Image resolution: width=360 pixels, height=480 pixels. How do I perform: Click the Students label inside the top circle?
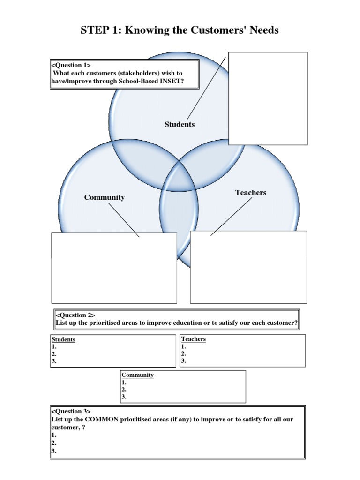[180, 124]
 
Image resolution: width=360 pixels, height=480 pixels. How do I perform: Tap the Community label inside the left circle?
[105, 197]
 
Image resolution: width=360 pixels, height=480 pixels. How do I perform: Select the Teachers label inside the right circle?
[251, 193]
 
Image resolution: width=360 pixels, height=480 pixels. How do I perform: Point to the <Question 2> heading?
[75, 315]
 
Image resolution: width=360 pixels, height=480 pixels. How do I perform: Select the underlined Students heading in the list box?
[63, 339]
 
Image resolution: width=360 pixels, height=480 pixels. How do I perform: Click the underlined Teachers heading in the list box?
[194, 339]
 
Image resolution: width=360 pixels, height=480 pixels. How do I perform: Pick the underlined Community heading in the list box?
[138, 375]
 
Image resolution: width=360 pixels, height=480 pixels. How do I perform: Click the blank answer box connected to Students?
[268, 98]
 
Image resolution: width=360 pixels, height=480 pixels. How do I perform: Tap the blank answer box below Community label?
[114, 267]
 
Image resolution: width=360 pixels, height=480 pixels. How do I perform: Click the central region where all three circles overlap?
[179, 176]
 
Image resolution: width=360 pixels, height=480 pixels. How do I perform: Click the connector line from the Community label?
[124, 219]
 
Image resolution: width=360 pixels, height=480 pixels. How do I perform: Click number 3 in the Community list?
[124, 397]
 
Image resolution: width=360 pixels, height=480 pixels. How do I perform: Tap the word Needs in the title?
[264, 30]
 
